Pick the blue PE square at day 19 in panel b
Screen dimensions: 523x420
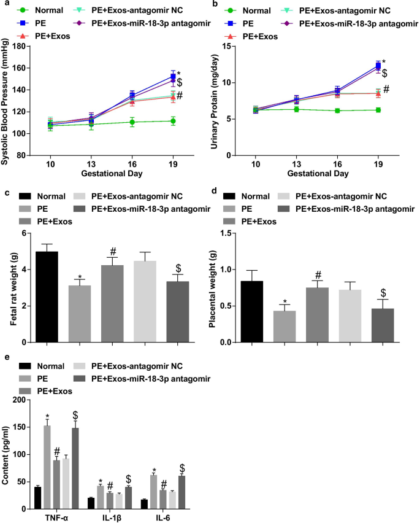pyautogui.click(x=378, y=66)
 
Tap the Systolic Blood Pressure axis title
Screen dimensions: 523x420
pyautogui.click(x=6, y=101)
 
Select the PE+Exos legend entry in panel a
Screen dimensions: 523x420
pyautogui.click(x=48, y=36)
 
